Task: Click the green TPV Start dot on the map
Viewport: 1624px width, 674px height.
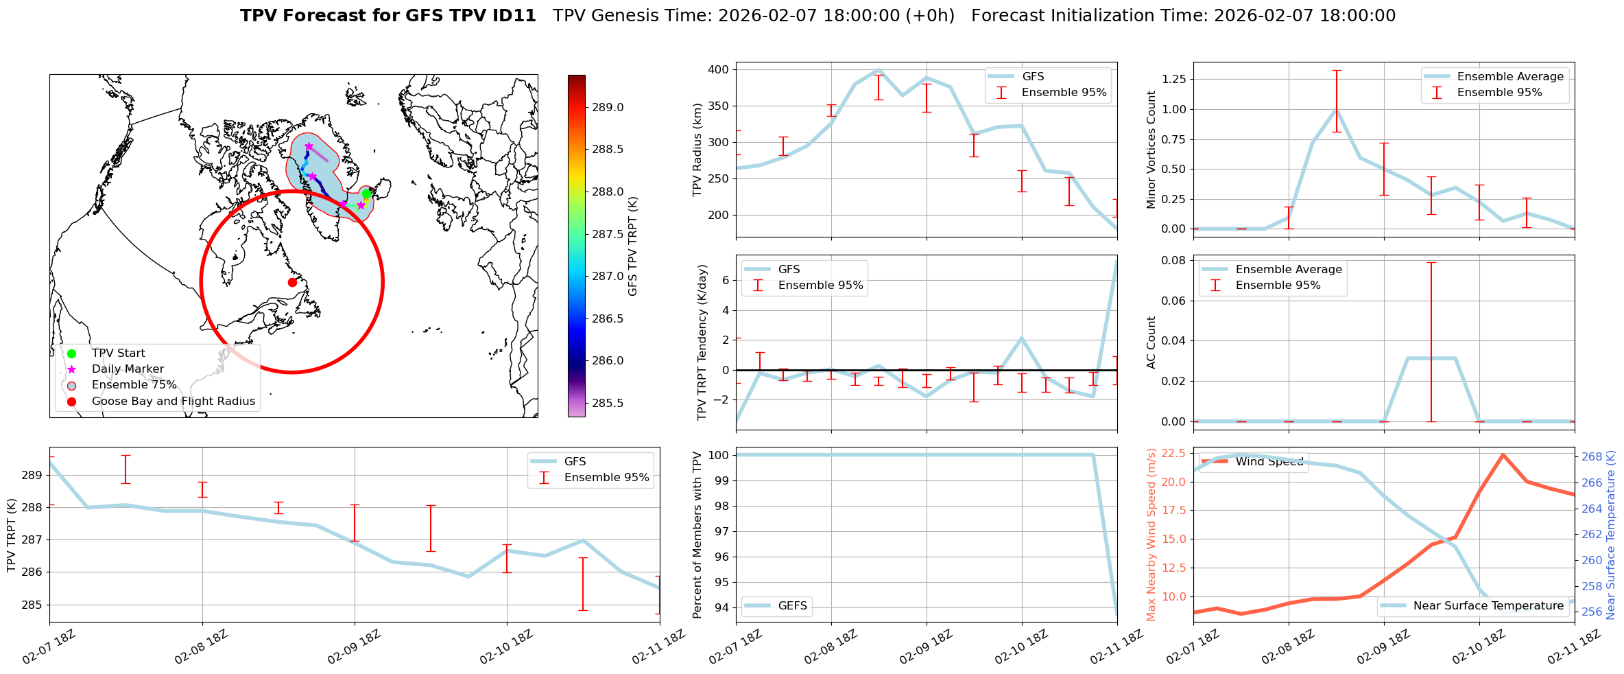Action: point(366,194)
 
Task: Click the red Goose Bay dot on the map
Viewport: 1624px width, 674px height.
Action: point(292,282)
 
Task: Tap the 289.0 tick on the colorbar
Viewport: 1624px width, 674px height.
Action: point(608,107)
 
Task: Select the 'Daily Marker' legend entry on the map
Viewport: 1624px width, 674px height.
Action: point(128,369)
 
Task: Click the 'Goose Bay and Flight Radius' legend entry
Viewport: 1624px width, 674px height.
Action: point(173,402)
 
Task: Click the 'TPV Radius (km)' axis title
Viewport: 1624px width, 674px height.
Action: point(697,150)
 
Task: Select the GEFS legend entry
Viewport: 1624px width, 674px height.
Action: point(792,605)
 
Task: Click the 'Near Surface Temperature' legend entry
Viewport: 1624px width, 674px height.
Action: point(1488,605)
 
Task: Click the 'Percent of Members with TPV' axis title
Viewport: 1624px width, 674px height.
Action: point(697,535)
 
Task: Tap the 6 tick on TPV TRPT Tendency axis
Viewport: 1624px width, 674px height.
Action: point(724,280)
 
